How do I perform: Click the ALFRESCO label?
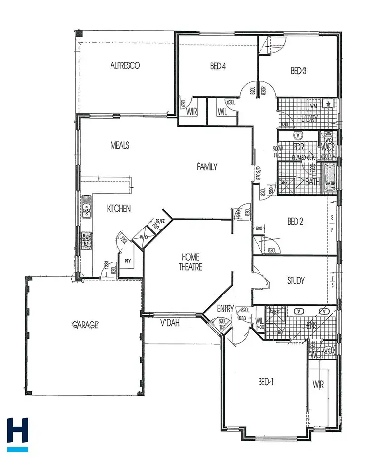pos(125,65)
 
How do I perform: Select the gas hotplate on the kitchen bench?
pos(87,240)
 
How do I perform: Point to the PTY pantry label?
pos(127,261)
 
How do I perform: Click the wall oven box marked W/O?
pos(144,238)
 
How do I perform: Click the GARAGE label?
pos(86,325)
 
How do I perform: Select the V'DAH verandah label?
pos(169,324)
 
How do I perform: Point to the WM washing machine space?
pos(313,106)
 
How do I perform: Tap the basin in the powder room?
pos(298,135)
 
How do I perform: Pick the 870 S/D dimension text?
pos(257,173)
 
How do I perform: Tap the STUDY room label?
pos(296,281)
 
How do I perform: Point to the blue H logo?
pos(18,432)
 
